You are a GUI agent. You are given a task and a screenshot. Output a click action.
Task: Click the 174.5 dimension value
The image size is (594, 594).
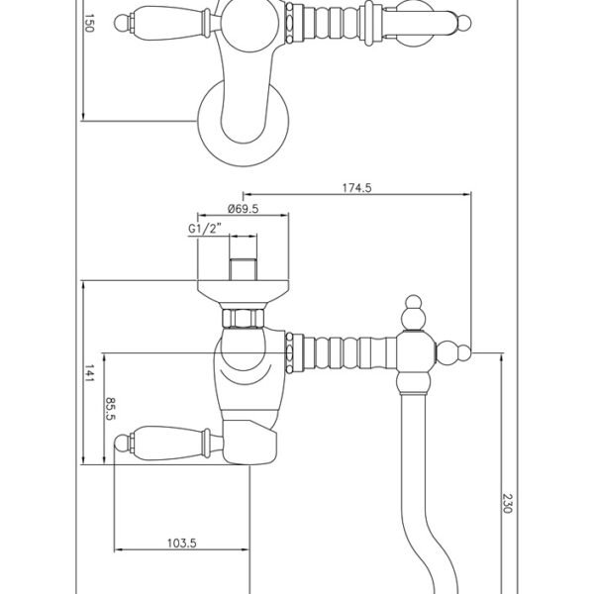click(x=356, y=188)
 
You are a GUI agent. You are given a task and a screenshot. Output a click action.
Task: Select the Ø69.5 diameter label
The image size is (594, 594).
click(x=243, y=209)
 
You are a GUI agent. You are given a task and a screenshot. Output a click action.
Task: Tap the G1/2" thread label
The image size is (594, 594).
click(x=205, y=229)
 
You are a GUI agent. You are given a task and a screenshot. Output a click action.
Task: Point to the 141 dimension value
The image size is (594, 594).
click(x=89, y=373)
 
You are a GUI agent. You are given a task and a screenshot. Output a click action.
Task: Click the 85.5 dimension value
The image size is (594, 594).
click(x=110, y=409)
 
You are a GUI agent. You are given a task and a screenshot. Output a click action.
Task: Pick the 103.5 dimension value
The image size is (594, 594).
click(x=182, y=544)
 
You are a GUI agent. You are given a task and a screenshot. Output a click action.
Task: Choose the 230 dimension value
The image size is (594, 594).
click(x=507, y=503)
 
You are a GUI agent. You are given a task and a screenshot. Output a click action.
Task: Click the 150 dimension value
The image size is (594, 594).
click(x=89, y=23)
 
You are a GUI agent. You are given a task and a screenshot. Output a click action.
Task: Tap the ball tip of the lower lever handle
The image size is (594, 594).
click(x=122, y=444)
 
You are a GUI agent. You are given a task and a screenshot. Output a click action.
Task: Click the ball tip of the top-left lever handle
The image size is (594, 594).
click(x=122, y=23)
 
